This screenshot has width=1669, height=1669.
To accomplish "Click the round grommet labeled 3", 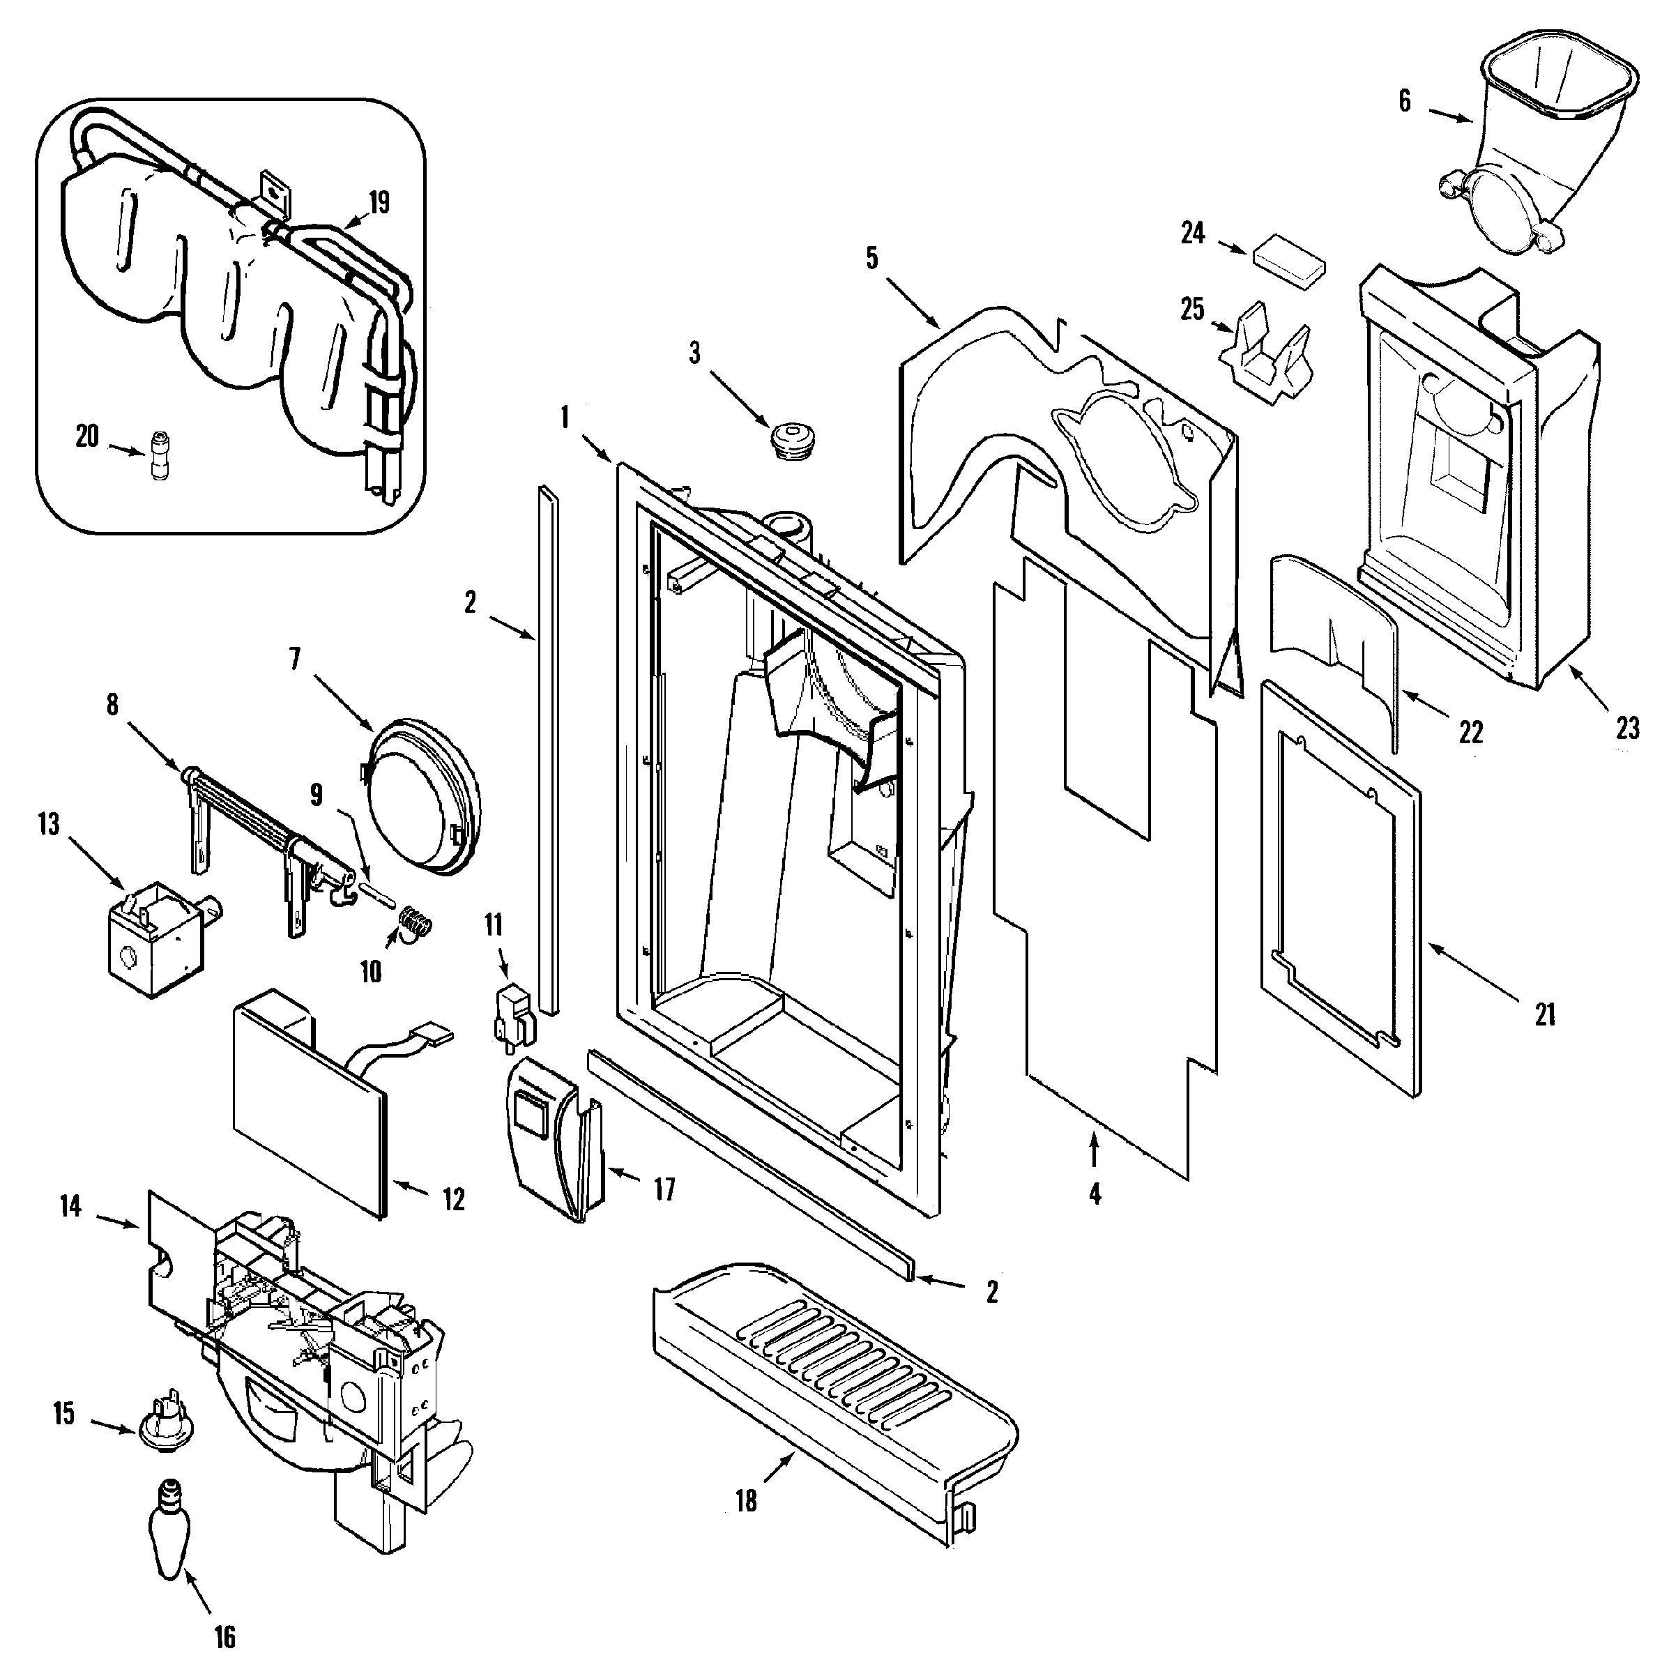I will coord(788,441).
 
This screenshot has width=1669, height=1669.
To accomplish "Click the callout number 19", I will coord(379,202).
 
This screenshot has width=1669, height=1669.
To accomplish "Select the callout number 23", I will coord(1628,729).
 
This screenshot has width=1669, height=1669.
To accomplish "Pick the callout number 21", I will coord(1545,1014).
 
